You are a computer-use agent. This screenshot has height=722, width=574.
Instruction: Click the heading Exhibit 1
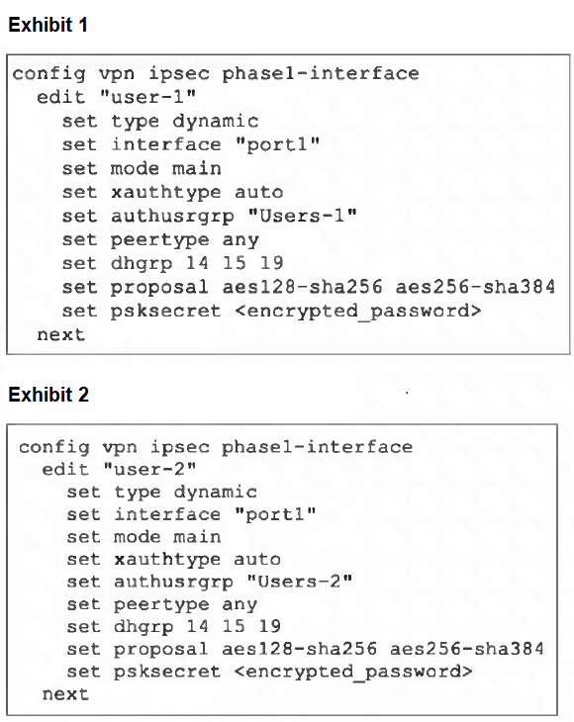(x=48, y=25)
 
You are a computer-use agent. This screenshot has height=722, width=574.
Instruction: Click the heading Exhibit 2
(x=48, y=395)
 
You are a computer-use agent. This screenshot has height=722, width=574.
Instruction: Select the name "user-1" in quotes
(x=147, y=97)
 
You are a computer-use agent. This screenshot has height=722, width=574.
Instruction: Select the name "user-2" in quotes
(x=149, y=469)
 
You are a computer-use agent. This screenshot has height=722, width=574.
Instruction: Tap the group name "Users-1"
(x=302, y=215)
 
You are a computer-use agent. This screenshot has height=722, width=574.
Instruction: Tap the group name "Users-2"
(x=300, y=582)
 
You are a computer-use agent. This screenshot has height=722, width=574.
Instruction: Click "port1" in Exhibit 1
(x=277, y=144)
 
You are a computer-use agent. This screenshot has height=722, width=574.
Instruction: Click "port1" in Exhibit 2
(x=275, y=514)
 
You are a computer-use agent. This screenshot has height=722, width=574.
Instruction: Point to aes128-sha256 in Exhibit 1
(x=302, y=287)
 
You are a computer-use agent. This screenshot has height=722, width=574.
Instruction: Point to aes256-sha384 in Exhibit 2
(x=467, y=649)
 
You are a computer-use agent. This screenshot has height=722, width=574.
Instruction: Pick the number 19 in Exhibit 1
(x=271, y=263)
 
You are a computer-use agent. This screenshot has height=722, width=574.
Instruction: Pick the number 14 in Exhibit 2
(x=197, y=626)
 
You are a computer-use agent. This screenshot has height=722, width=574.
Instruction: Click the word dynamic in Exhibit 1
(x=215, y=121)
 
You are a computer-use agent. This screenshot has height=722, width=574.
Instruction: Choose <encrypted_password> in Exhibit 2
(x=353, y=672)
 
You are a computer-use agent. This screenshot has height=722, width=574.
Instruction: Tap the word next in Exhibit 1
(x=60, y=334)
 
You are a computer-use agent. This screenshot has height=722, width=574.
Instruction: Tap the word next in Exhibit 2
(x=65, y=694)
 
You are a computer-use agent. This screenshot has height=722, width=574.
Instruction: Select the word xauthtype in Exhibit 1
(x=166, y=192)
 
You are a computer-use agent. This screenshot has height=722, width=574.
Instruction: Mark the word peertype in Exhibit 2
(x=161, y=604)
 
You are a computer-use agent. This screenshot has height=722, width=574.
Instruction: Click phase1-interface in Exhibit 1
(x=321, y=73)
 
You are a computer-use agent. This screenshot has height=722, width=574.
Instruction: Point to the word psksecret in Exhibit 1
(x=166, y=311)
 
